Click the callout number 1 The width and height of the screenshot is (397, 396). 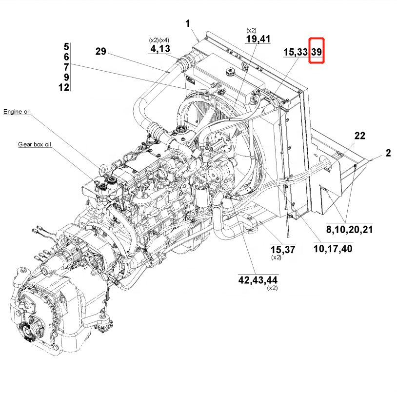tap(188, 23)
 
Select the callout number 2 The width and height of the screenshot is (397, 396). tap(388, 153)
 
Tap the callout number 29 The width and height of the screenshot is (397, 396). tap(100, 51)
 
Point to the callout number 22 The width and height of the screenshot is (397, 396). tap(359, 136)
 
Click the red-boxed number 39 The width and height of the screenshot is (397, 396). tap(317, 51)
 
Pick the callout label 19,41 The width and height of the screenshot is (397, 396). tap(258, 39)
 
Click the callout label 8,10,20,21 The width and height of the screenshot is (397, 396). tap(349, 229)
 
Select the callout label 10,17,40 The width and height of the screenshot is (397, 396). tap(333, 249)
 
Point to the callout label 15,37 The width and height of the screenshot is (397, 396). tap(283, 250)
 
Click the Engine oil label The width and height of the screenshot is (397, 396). tap(17, 112)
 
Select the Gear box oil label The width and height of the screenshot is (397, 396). tap(35, 144)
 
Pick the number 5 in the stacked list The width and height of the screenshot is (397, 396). tap(66, 47)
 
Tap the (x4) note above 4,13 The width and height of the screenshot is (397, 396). tap(165, 40)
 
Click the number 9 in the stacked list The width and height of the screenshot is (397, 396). tap(66, 77)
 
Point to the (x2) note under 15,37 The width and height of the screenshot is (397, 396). tap(277, 257)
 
